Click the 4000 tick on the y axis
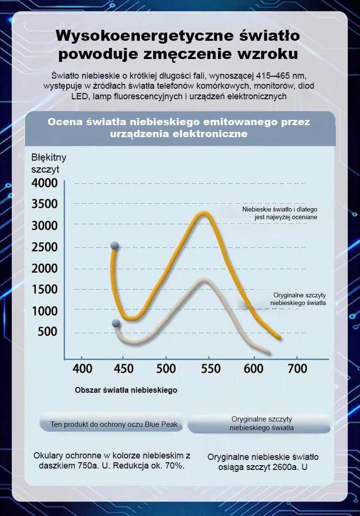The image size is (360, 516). tap(45, 183)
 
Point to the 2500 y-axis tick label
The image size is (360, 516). tap(45, 247)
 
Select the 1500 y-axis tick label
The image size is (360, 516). tap(45, 290)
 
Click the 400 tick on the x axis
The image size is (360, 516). tap(82, 369)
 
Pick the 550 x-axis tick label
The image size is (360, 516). tap(210, 369)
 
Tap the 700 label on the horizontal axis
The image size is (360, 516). tap(297, 369)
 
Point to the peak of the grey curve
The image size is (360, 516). tap(204, 280)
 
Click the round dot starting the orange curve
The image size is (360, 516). tap(115, 246)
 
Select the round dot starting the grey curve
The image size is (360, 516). tap(116, 323)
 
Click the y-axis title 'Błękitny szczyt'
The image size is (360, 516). tap(48, 163)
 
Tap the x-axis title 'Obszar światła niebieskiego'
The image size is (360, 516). tap(126, 390)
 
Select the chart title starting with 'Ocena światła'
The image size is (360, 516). tap(179, 128)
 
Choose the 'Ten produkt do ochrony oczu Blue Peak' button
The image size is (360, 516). tap(114, 424)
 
